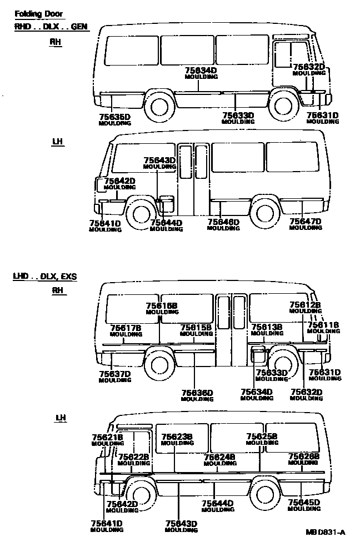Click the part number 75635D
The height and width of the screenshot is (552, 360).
pyautogui.click(x=114, y=117)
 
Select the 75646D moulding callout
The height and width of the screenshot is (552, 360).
pyautogui.click(x=223, y=223)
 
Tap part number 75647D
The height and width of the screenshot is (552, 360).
pyautogui.click(x=306, y=221)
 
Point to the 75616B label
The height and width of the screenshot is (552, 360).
pyautogui.click(x=162, y=306)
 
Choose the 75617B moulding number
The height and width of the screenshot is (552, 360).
pyautogui.click(x=126, y=328)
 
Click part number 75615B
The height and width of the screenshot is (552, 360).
pyautogui.click(x=196, y=328)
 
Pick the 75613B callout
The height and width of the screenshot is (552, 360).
pyautogui.click(x=267, y=327)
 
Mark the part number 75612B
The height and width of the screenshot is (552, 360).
pyautogui.click(x=305, y=305)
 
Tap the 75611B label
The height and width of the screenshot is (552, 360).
pyautogui.click(x=323, y=325)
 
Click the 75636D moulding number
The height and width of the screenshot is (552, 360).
pyautogui.click(x=197, y=393)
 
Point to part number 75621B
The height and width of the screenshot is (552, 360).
pyautogui.click(x=107, y=438)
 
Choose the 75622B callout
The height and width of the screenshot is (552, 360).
pyautogui.click(x=134, y=456)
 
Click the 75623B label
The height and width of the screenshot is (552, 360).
pyautogui.click(x=177, y=437)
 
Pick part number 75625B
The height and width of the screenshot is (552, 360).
pyautogui.click(x=262, y=436)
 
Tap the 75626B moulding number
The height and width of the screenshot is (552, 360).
pyautogui.click(x=304, y=456)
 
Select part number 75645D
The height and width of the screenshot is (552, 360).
pyautogui.click(x=304, y=503)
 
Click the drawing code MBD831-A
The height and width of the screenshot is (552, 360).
pyautogui.click(x=325, y=533)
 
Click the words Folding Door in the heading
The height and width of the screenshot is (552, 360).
pyautogui.click(x=39, y=13)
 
